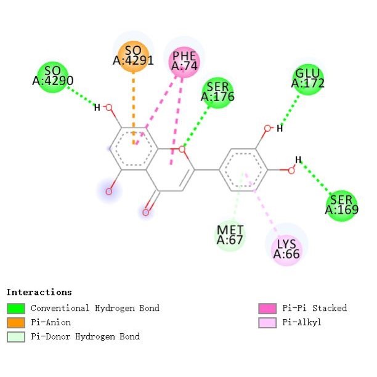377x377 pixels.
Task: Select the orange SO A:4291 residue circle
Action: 133,57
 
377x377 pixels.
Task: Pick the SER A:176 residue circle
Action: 217,92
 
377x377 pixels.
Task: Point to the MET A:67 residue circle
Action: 230,236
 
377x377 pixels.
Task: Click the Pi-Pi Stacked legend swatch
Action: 266,308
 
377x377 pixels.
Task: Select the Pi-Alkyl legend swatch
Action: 266,322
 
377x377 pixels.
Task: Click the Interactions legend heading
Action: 39,292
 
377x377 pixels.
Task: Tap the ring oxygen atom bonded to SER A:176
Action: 182,148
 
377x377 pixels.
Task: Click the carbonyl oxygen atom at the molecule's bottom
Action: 146,213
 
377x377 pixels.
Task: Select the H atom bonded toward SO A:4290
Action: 97,108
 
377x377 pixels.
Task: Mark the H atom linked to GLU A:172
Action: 279,129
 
